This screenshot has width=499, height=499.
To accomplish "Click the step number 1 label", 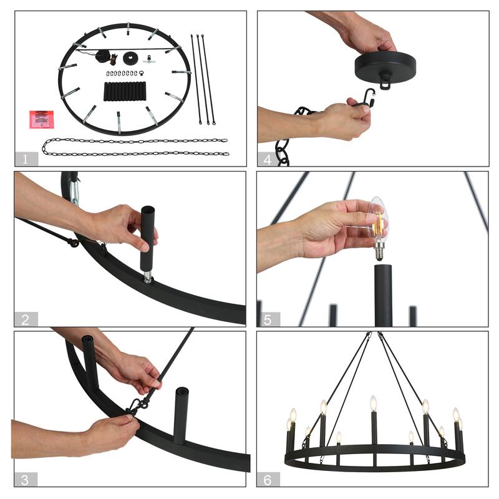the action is pos(26,159).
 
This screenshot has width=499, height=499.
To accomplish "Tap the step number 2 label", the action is pos(26,319).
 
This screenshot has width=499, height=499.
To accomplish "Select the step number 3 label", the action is pos(25,480).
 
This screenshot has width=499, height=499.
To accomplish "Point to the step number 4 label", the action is pos(268,159).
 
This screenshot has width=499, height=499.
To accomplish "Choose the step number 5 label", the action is pos(268,319).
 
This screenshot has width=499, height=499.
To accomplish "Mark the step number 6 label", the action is pos(268,480).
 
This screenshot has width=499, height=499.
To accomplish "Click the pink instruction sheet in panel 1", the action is pos(42,120).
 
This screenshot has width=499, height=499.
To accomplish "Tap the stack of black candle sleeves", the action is pos(125,91).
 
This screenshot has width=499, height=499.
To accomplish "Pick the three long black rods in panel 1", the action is pos(203,80).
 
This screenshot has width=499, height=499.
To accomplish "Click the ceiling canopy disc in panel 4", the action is pos(385,67).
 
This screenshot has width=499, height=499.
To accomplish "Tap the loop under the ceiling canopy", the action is pos(385,85).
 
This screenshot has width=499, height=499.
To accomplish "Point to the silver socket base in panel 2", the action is pos(147,277).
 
